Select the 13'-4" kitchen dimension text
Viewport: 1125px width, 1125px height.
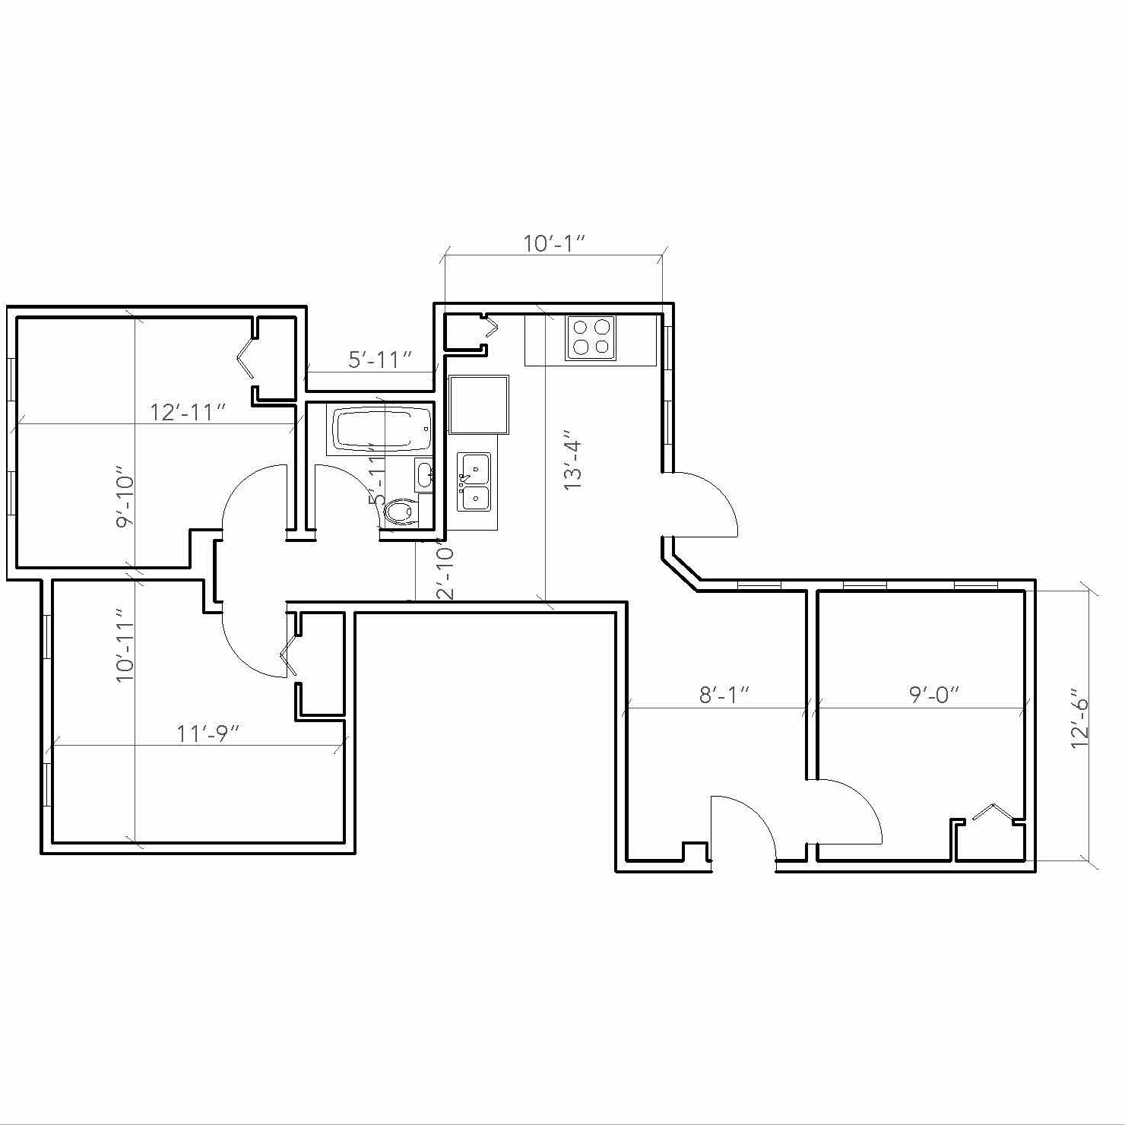572,464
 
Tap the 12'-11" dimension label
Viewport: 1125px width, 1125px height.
188,412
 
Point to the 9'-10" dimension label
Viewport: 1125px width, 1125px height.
125,502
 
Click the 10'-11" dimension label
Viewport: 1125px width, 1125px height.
125,645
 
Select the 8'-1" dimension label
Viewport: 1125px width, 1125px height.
724,694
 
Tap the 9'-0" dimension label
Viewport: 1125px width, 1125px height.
934,694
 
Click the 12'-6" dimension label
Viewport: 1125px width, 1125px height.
1080,719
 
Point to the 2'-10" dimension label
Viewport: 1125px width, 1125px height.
445,572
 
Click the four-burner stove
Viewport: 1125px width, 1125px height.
591,337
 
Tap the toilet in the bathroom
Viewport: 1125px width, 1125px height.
401,511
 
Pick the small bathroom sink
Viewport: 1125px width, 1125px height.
424,475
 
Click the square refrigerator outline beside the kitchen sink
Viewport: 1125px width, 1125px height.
478,403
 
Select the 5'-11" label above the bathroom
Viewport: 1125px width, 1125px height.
380,360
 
